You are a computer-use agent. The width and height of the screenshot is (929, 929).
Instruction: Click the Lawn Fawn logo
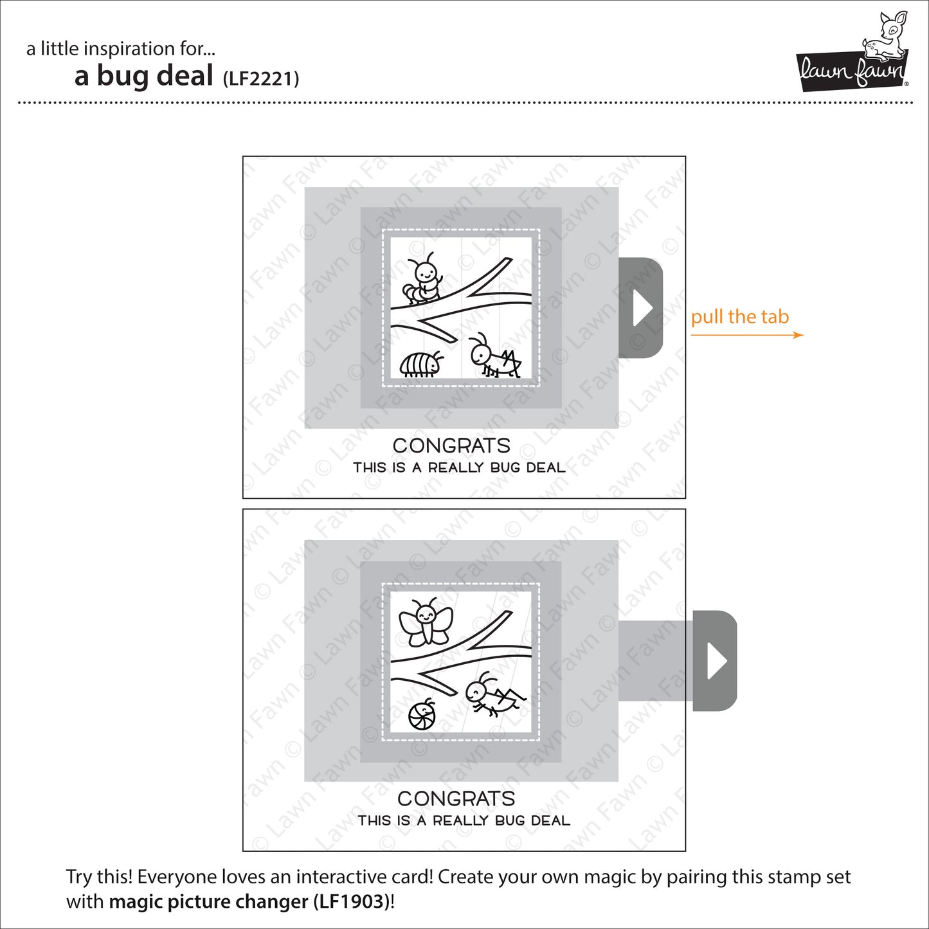click(x=852, y=69)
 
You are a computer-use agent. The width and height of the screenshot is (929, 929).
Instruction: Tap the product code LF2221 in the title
click(x=261, y=79)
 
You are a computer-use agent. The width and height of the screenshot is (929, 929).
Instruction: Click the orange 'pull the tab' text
click(x=739, y=317)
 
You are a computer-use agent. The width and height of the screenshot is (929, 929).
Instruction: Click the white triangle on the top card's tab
click(x=642, y=308)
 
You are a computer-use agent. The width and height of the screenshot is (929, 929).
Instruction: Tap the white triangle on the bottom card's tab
click(x=716, y=661)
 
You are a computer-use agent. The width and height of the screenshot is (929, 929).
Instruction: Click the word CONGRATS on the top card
click(x=451, y=446)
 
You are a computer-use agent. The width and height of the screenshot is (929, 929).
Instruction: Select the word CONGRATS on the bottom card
click(x=456, y=798)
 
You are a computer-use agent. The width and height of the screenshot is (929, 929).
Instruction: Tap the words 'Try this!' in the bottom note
click(x=99, y=878)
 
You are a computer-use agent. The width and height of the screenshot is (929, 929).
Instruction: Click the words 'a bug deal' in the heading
click(x=144, y=76)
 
